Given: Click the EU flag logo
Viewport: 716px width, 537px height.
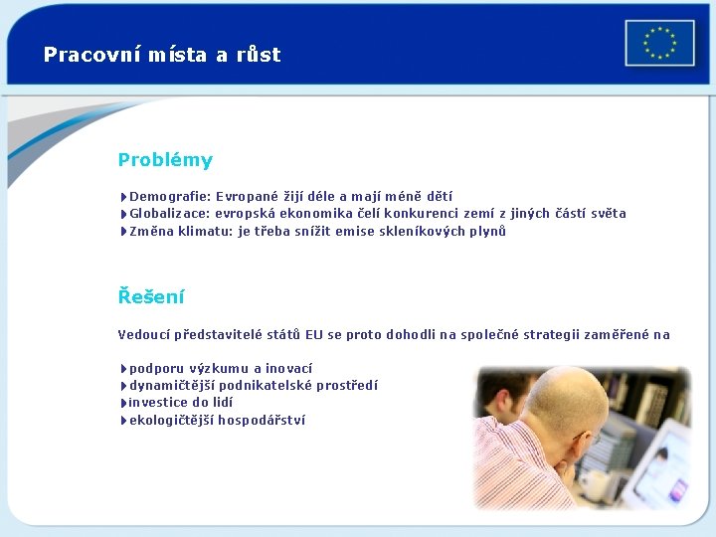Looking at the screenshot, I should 659,44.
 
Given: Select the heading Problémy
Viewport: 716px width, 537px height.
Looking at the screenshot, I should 165,160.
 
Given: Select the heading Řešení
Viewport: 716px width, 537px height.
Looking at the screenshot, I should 151,296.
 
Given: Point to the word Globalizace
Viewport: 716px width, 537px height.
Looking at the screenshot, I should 169,214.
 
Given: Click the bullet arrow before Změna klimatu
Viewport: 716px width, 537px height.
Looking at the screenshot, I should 122,232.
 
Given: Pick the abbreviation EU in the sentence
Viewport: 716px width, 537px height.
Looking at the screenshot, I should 314,335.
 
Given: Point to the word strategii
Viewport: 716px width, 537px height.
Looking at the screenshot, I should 560,335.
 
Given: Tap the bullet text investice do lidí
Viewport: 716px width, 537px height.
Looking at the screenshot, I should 181,403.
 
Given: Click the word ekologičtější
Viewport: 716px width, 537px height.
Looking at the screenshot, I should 171,421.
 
